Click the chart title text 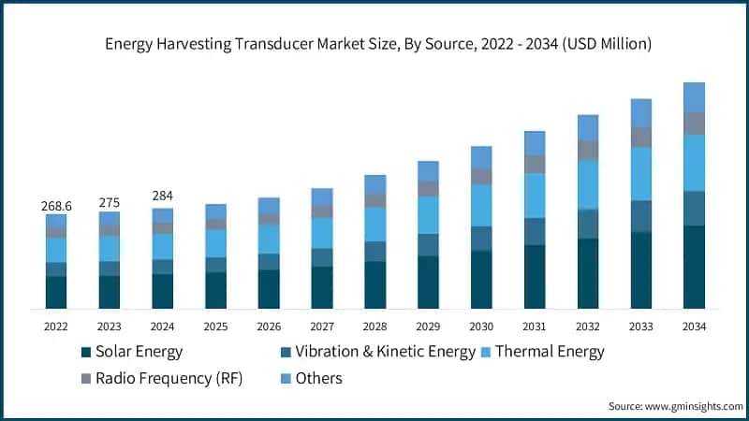point(374,44)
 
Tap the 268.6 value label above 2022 point(56,204)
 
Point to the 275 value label point(110,202)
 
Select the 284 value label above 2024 point(163,196)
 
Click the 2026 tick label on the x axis point(269,327)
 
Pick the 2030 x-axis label point(481,327)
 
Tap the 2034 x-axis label point(694,327)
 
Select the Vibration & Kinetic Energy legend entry point(374,353)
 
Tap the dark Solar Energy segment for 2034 point(694,268)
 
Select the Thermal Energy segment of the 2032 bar point(588,184)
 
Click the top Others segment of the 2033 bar point(640,113)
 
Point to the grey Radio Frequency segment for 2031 point(535,165)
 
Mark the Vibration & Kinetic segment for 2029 point(428,244)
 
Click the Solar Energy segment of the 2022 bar point(56,292)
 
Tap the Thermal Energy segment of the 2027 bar point(322,233)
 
